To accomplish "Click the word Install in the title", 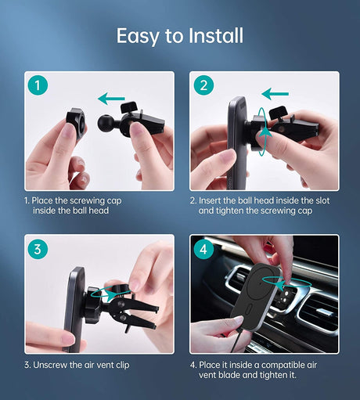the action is click(216, 35).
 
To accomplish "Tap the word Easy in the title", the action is click(138, 37).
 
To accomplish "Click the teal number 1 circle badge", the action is click(38, 85).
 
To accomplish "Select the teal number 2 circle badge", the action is click(203, 85).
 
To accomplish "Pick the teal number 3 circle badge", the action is click(38, 249).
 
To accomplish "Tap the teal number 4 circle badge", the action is click(203, 249).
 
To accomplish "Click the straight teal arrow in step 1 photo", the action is click(111, 99).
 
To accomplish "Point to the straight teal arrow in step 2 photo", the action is click(275, 94).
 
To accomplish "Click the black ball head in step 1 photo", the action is click(105, 122).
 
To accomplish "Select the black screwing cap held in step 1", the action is click(76, 122).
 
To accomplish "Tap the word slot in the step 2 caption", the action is click(322, 200).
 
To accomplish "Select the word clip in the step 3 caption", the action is click(123, 365).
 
